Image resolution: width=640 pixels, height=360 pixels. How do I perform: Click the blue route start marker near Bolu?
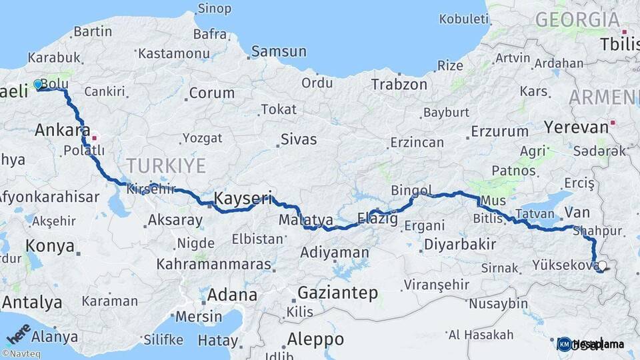[37, 85]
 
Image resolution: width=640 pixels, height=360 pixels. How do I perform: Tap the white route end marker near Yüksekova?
[602, 265]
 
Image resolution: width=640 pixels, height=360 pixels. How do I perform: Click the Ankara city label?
[63, 129]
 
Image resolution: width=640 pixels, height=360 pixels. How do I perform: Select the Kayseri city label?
[243, 197]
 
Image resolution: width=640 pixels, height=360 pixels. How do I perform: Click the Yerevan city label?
[576, 126]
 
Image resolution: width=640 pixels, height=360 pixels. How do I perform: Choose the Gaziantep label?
[337, 293]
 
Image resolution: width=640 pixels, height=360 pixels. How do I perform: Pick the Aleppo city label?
[315, 339]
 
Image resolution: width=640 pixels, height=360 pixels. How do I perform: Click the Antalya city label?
[32, 302]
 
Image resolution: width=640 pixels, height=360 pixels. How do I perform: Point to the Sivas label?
[298, 140]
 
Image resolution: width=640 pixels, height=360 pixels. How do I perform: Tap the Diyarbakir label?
[460, 244]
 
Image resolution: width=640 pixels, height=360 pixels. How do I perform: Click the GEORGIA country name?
[577, 19]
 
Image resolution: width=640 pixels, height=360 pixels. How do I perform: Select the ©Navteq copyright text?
[20, 354]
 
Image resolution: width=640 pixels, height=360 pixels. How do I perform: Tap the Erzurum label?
[499, 131]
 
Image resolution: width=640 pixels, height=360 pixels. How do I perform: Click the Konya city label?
[50, 246]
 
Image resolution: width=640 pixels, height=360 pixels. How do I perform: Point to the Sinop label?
[215, 9]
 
